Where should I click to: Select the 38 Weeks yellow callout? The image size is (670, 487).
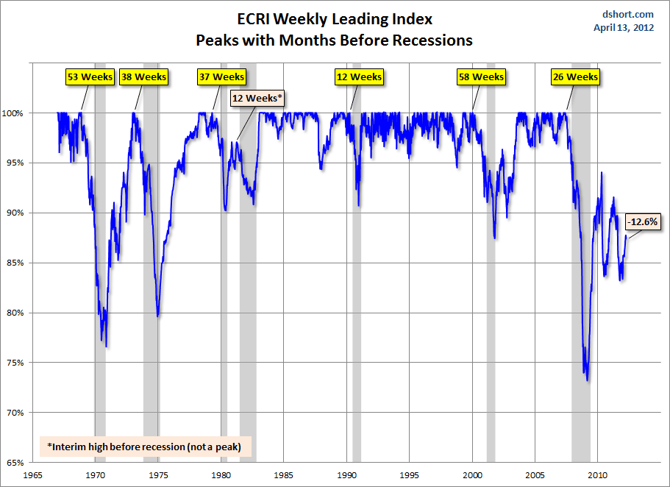tap(144, 77)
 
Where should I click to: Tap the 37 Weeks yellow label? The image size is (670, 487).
tap(221, 77)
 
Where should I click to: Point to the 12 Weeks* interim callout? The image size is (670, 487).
tap(257, 97)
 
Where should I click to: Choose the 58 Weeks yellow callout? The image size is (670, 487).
tap(482, 77)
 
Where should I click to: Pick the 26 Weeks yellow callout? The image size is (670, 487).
tap(574, 77)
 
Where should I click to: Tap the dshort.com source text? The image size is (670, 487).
tap(629, 15)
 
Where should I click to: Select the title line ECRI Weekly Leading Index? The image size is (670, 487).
tap(335, 18)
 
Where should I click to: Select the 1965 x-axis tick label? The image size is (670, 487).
tap(33, 474)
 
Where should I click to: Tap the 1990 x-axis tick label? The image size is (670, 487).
tap(346, 474)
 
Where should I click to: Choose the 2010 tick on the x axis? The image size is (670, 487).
tap(597, 474)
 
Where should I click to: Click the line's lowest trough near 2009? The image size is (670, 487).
tap(587, 380)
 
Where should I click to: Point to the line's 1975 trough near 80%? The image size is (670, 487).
tap(158, 316)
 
